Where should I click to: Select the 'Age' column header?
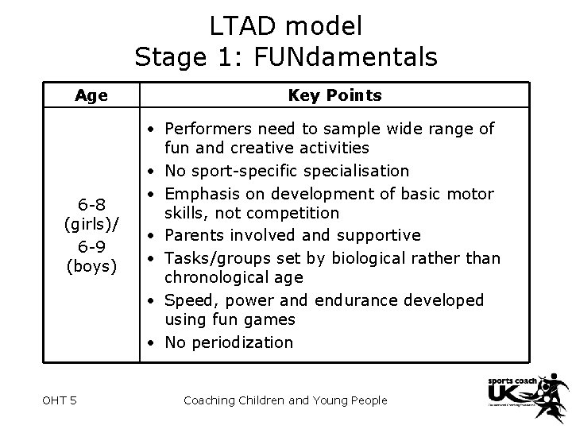(91, 95)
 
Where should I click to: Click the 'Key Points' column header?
(334, 95)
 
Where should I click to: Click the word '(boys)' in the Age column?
(91, 265)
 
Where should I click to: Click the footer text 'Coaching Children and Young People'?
(285, 400)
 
